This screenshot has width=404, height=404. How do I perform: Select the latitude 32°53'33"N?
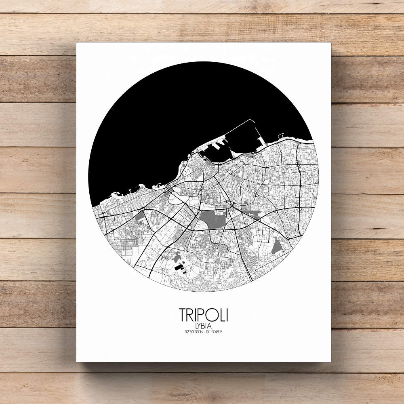(192, 332)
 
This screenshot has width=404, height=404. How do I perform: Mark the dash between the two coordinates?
(203, 332)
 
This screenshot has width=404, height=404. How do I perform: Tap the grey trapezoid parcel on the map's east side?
(277, 247)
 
